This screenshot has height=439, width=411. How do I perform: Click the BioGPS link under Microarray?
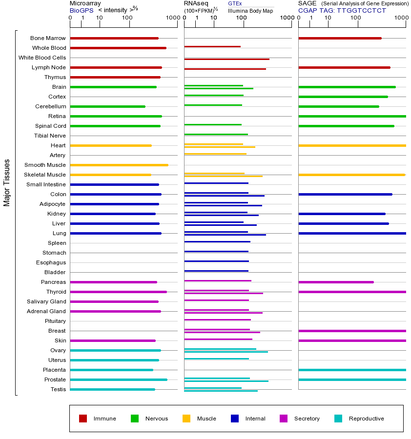81,10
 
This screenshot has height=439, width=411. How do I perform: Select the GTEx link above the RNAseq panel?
235,3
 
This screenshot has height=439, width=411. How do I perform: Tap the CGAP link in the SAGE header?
307,10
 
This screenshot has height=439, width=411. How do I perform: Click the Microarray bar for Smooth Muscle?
119,165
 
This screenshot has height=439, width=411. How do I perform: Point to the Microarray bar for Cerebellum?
107,106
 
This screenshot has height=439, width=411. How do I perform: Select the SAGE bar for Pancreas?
336,282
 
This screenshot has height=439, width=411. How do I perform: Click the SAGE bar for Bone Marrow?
340,38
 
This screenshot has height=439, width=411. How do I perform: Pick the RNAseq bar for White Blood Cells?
226,59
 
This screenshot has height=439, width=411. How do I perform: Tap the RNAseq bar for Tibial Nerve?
216,134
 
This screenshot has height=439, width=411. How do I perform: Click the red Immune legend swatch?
83,419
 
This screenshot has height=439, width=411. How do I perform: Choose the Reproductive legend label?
366,419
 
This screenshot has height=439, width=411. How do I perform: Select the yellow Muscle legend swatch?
186,419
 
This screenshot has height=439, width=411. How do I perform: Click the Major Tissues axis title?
7,182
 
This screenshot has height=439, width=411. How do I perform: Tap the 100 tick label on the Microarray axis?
127,18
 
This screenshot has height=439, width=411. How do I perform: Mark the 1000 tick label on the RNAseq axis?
287,18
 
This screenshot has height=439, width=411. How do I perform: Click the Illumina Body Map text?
250,11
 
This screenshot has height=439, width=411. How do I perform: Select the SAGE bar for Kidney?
342,214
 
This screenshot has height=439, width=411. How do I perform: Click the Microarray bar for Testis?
112,389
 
